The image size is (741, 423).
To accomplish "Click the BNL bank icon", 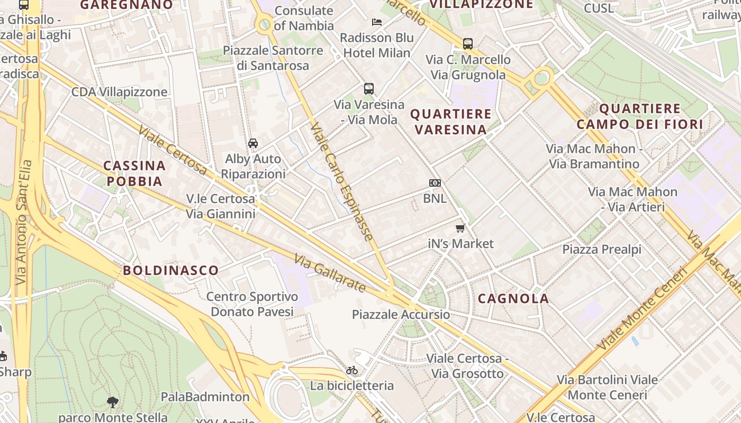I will click(435, 183).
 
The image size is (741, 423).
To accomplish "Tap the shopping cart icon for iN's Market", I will click(460, 228).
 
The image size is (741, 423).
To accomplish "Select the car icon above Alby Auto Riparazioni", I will click(253, 143).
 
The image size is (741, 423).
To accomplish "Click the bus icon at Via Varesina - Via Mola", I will click(369, 89).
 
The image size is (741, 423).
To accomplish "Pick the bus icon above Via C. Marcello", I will click(468, 44).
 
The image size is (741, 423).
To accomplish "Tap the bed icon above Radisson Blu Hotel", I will click(377, 22).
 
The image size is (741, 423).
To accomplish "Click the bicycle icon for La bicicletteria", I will click(352, 370).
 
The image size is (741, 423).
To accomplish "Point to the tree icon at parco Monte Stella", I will click(112, 402).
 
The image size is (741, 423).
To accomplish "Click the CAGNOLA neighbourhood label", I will click(513, 298).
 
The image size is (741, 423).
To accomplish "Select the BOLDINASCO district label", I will click(170, 270).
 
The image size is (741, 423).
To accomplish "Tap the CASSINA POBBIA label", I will click(134, 173).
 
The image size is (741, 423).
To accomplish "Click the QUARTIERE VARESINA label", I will click(450, 122).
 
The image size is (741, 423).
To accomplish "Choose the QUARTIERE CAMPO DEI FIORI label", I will click(639, 116).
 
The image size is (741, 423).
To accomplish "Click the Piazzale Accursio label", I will click(401, 315).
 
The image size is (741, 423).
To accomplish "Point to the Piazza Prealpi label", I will click(601, 249).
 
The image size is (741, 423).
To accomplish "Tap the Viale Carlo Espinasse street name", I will click(342, 181).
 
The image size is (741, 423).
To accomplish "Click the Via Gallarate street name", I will click(330, 274).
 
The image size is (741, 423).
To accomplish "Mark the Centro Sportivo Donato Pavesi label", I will click(252, 304).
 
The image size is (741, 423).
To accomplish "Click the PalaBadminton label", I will click(205, 397).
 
